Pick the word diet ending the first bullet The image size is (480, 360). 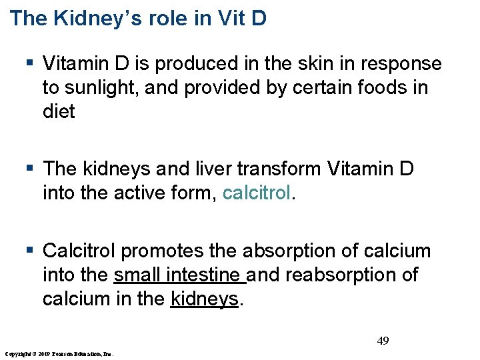pos(59,111)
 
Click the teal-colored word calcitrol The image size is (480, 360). pos(257,193)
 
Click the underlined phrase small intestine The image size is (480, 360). pos(180,275)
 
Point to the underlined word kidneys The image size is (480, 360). pos(204,299)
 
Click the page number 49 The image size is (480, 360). pos(383,341)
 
